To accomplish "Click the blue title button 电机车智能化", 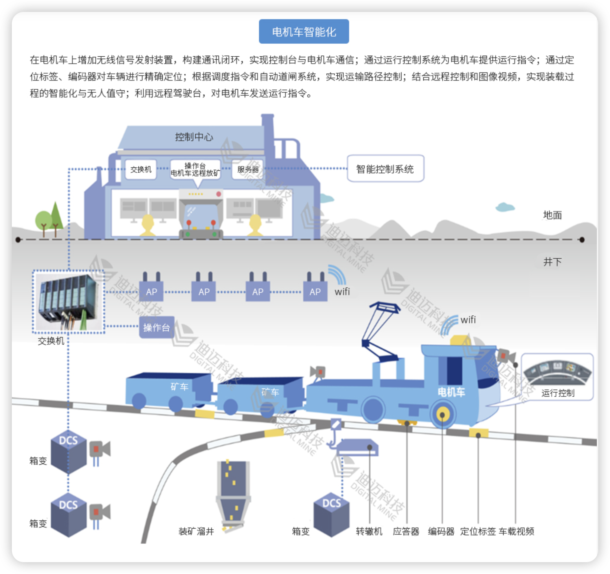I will [304, 32].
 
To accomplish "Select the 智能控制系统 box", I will [385, 169].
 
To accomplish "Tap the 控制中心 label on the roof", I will [194, 137].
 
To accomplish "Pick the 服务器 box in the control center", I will [248, 169].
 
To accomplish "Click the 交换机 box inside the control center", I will [141, 169].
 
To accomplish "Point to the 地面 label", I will [552, 215].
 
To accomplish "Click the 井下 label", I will [552, 262].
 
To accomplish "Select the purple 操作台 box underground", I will [156, 328].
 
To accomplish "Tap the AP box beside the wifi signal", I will [315, 292].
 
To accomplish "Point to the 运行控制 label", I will [558, 393].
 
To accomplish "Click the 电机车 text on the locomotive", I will [451, 392].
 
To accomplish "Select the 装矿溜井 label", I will [196, 531].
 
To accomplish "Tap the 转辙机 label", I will [369, 531].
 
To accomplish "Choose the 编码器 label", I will [441, 531].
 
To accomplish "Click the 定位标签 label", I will [478, 531].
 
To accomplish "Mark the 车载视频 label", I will [516, 531].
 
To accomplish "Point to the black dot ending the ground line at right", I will [582, 240].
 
